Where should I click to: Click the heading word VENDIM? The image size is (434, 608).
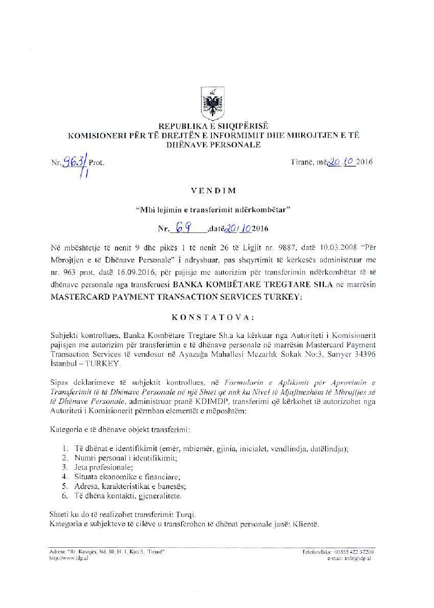(x=213, y=191)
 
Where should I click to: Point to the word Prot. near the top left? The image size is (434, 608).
(x=96, y=163)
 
